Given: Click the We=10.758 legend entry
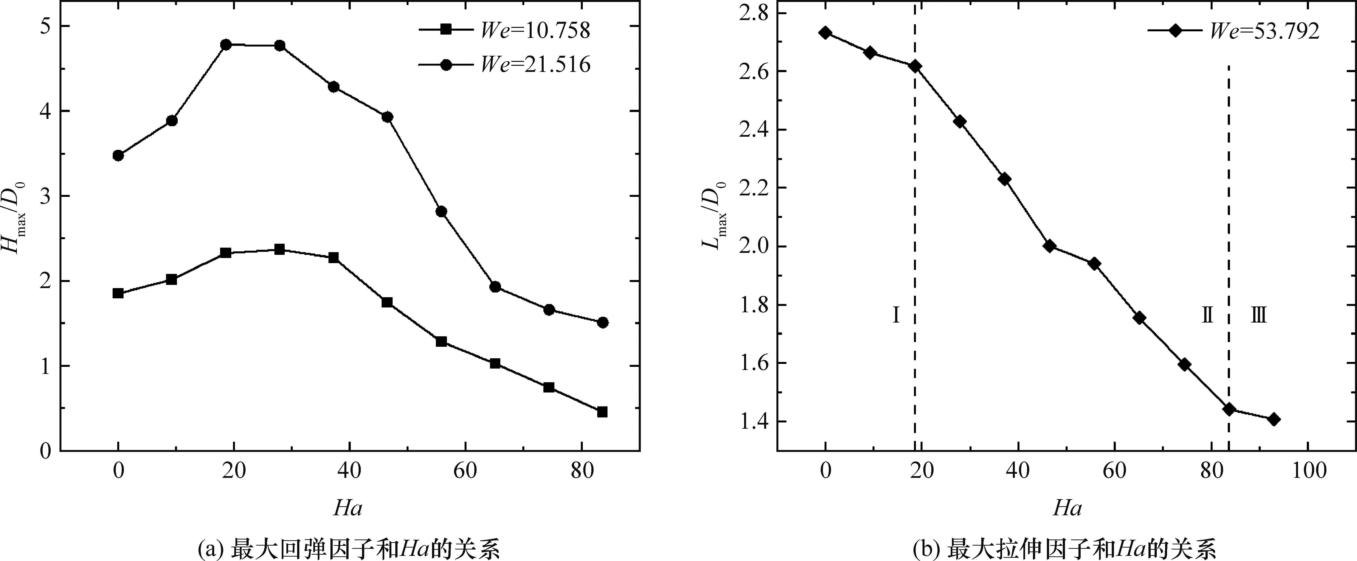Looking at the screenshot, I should pyautogui.click(x=505, y=31).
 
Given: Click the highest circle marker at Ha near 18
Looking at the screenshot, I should pyautogui.click(x=226, y=45).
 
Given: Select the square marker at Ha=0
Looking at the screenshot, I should pyautogui.click(x=118, y=293).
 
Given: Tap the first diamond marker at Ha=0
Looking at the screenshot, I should pyautogui.click(x=825, y=33).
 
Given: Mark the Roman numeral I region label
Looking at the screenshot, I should pyautogui.click(x=896, y=315).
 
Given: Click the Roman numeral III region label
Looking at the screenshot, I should pyautogui.click(x=1259, y=315).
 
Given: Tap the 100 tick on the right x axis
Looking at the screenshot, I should pyautogui.click(x=1308, y=470).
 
